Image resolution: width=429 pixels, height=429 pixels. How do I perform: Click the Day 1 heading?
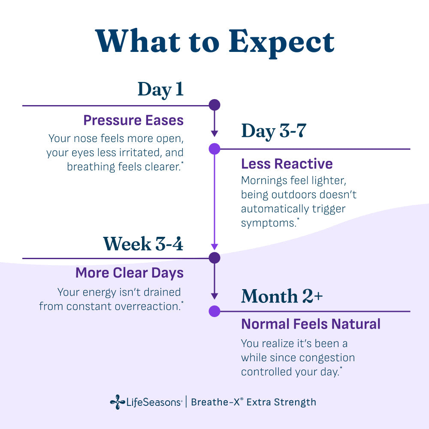tap(160, 89)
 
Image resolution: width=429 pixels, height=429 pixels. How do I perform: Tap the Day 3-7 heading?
tap(273, 131)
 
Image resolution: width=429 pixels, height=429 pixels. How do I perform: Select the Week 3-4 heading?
tap(143, 243)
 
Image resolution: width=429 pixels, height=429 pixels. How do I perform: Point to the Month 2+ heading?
tap(281, 296)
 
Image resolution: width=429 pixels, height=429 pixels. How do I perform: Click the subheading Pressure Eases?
tap(133, 120)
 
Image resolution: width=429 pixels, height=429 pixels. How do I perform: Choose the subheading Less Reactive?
tap(287, 164)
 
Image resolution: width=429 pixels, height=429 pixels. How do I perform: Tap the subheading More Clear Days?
tap(129, 273)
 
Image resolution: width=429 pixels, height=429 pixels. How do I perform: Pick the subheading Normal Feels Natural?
tap(311, 324)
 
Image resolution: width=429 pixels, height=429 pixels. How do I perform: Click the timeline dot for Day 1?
tap(214, 105)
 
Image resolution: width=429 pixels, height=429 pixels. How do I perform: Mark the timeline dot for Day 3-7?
tap(214, 149)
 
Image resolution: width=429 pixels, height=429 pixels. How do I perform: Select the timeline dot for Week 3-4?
tap(214, 258)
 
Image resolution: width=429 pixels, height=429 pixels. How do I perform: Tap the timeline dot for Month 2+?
tap(214, 311)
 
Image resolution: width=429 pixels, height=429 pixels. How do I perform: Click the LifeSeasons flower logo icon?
tap(117, 402)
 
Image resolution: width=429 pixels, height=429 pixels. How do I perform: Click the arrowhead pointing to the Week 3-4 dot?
tap(214, 247)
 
